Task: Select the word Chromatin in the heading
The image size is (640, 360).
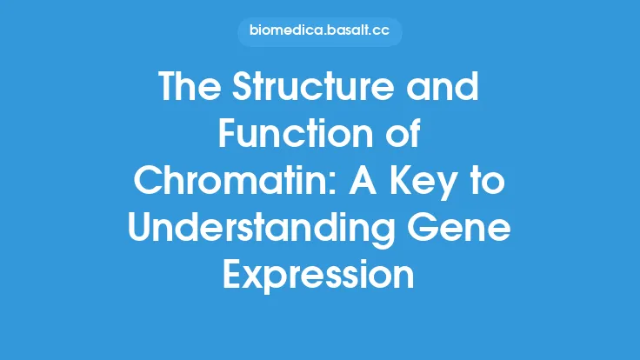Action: pos(214,182)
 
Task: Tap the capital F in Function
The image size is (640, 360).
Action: pos(228,136)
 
